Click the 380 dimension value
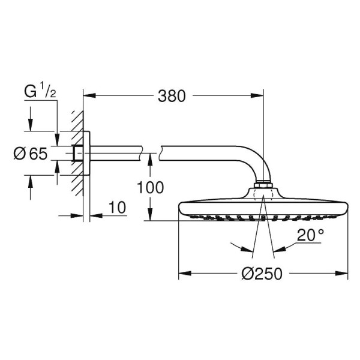tap(172, 95)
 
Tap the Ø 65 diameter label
tap(30, 154)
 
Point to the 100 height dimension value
tap(149, 188)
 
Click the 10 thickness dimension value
tap(118, 208)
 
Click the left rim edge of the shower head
tap(181, 209)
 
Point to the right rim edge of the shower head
tap(346, 209)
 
